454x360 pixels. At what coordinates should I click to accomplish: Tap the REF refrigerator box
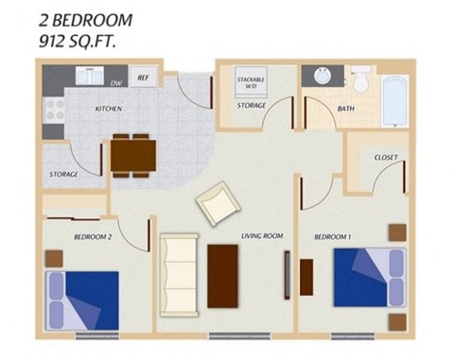[144, 78]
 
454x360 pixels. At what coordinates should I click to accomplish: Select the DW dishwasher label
[116, 84]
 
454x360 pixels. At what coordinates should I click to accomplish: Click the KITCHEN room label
[108, 110]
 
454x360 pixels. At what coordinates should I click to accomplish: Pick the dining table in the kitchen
[131, 155]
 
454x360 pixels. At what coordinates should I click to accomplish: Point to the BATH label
[346, 110]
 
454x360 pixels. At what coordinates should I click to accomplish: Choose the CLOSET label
[385, 157]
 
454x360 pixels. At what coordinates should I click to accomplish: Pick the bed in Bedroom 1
[368, 276]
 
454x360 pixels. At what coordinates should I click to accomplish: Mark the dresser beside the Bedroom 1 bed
[306, 276]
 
